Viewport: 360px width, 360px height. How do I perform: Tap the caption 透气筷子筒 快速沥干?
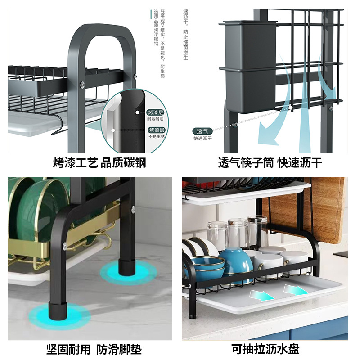click(270, 162)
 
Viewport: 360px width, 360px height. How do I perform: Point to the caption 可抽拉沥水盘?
click(265, 349)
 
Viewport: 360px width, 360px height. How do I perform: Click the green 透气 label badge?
click(201, 131)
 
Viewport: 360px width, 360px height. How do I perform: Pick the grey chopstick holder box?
click(248, 65)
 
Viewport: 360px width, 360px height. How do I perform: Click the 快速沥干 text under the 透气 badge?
click(202, 138)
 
